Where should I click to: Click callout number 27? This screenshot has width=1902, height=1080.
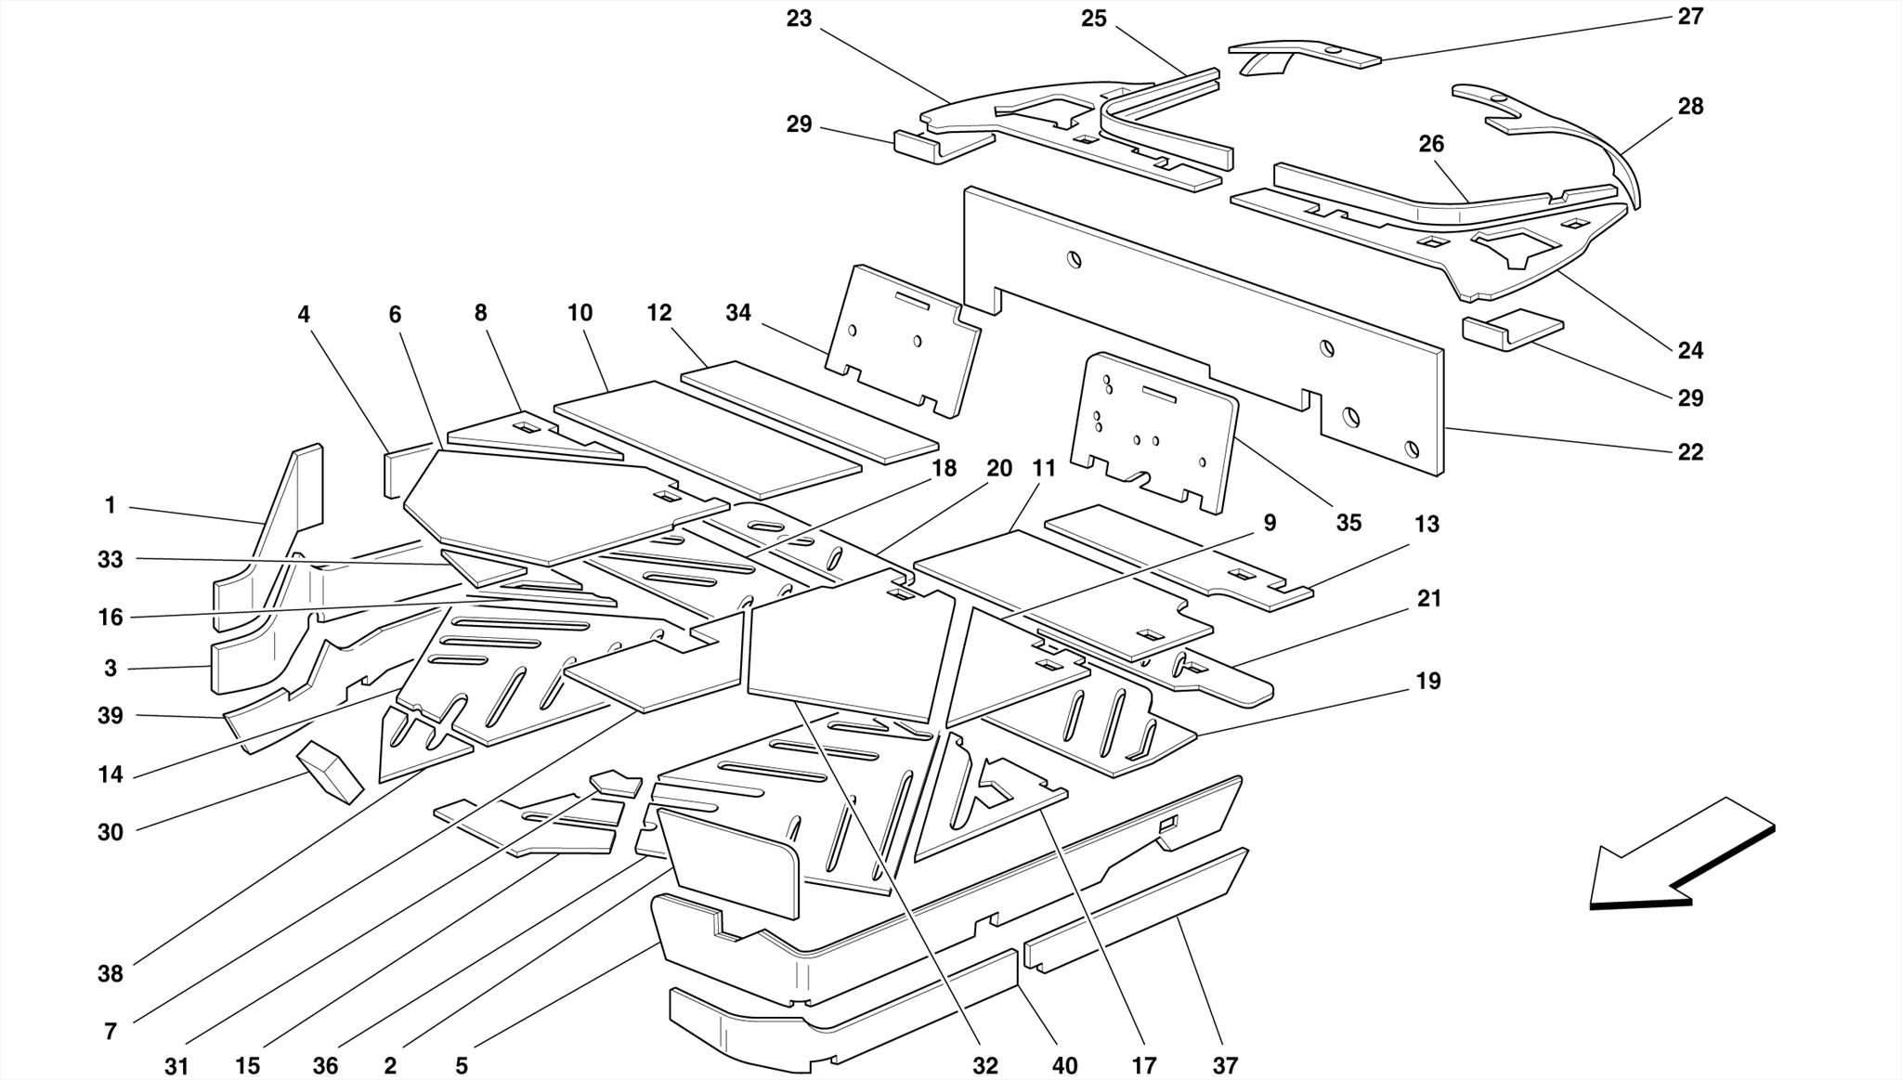[x=1689, y=17]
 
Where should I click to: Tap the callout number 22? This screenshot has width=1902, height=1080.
[x=1689, y=452]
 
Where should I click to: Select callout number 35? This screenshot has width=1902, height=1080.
[x=1348, y=523]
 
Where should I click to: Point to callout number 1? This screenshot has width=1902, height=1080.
[x=110, y=506]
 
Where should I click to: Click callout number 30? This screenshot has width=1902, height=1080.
[x=110, y=832]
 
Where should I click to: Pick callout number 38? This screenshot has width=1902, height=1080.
[x=110, y=974]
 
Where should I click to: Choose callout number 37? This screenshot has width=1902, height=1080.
[x=1225, y=1065]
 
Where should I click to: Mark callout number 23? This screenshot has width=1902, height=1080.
[x=799, y=19]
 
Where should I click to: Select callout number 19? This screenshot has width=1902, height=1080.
[x=1427, y=682]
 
